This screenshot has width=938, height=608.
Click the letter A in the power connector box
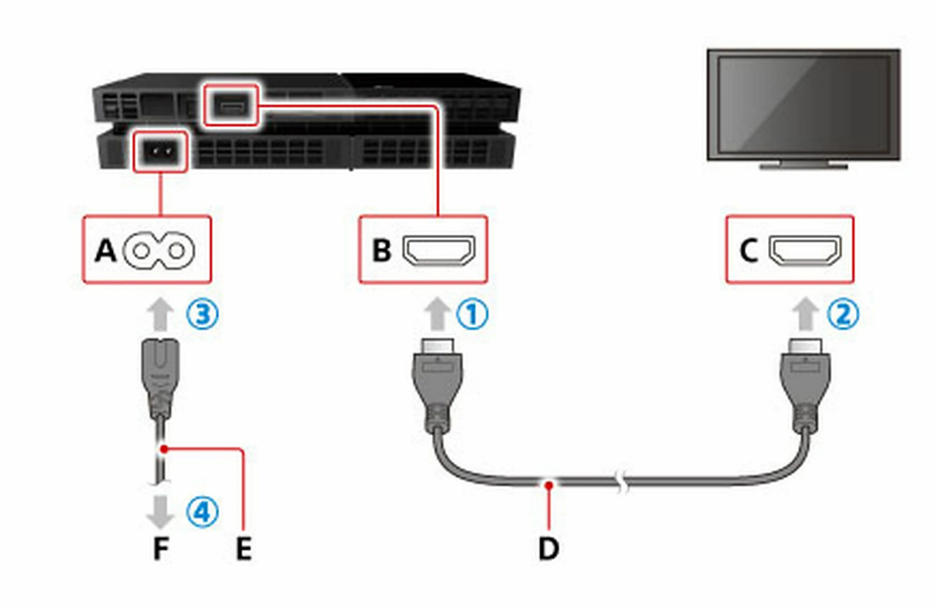(x=106, y=251)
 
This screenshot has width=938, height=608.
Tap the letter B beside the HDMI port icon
(x=381, y=251)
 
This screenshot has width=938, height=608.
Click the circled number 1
(x=472, y=314)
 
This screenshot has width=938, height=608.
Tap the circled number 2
(x=843, y=314)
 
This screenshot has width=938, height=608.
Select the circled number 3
(x=202, y=314)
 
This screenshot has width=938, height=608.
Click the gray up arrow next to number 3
(x=160, y=314)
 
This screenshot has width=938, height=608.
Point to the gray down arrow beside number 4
(x=160, y=511)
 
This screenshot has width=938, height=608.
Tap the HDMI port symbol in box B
(x=439, y=251)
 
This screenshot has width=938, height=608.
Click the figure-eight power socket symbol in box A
(x=159, y=251)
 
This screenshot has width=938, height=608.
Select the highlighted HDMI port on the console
(x=230, y=106)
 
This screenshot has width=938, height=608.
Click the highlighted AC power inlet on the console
(x=160, y=151)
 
